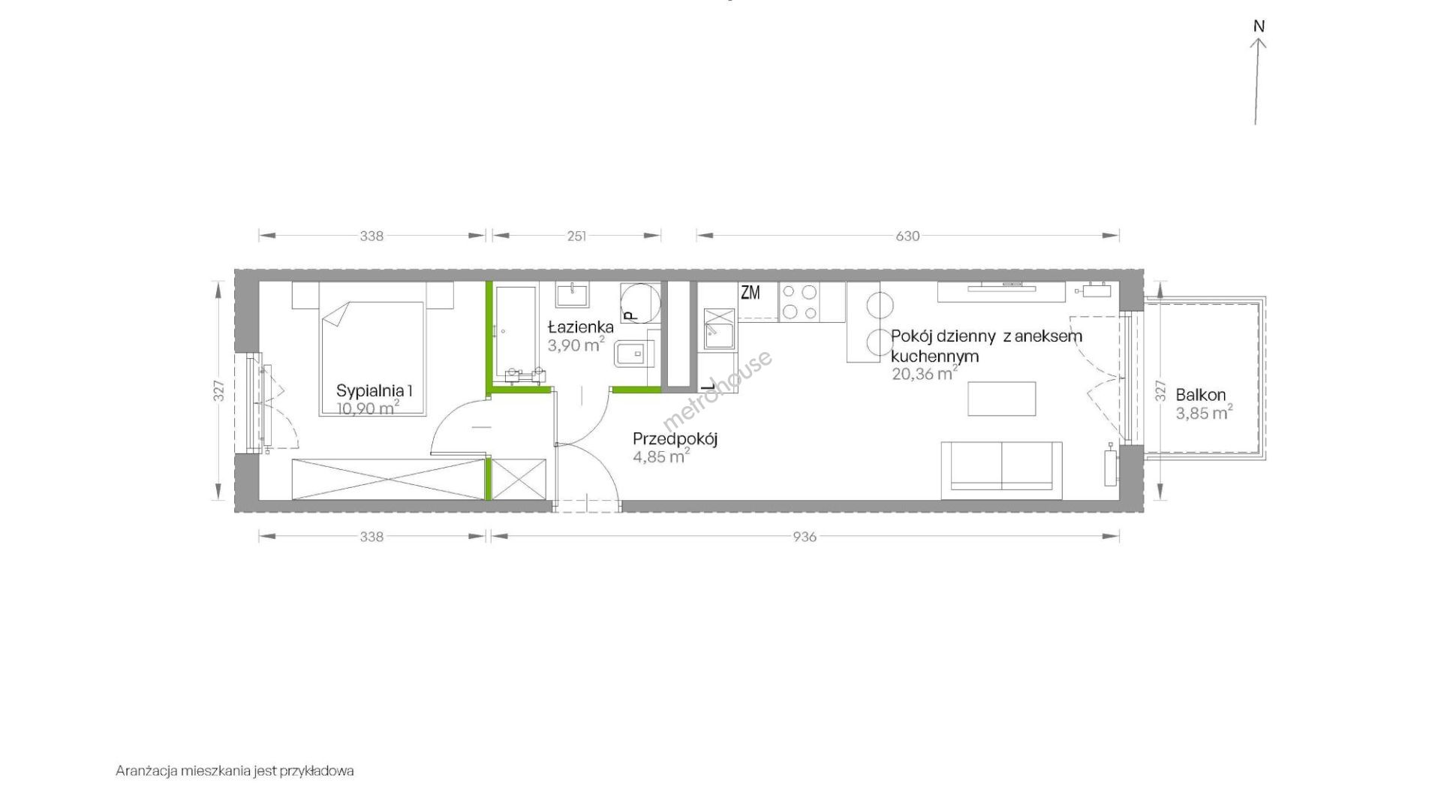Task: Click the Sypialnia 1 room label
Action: tap(375, 391)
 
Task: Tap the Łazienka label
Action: tap(580, 327)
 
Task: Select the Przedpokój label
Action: tap(675, 439)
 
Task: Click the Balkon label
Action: tap(1201, 395)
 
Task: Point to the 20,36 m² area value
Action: tap(924, 373)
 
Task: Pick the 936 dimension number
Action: tap(804, 537)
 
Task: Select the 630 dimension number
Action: tap(907, 236)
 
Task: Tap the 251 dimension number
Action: tap(576, 236)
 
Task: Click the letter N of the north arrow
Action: tap(1259, 26)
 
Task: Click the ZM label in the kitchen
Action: tap(750, 293)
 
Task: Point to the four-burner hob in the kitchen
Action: tap(799, 303)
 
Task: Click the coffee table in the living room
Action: tap(1002, 399)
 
